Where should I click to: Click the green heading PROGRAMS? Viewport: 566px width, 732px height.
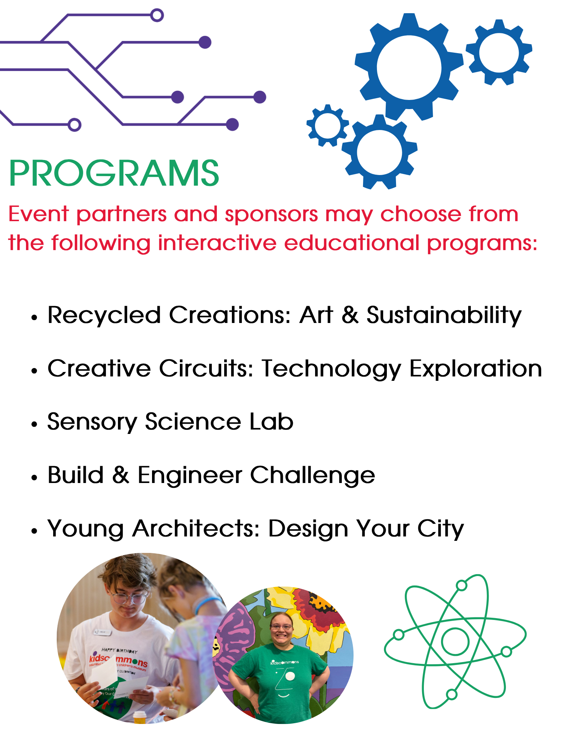click(114, 173)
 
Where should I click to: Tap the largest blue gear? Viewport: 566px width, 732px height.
click(409, 67)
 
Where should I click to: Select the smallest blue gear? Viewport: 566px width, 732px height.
click(328, 125)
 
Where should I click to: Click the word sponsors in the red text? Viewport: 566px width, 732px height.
click(271, 215)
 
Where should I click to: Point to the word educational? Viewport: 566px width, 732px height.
click(352, 243)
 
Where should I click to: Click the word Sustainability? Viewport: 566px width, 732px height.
click(444, 316)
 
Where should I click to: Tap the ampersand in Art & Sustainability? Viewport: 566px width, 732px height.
click(350, 315)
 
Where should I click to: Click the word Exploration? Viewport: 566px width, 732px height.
click(476, 369)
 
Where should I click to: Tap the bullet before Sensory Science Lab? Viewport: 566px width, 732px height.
click(34, 424)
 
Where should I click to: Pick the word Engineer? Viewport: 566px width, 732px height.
click(190, 476)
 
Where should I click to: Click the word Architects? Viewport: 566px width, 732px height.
click(196, 528)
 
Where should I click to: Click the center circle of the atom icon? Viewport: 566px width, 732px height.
click(455, 641)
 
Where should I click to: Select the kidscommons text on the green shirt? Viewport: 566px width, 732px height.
click(285, 662)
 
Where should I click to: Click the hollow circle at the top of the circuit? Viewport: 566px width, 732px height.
click(157, 15)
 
